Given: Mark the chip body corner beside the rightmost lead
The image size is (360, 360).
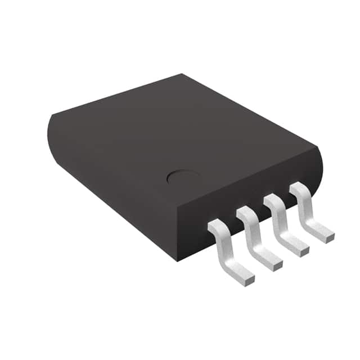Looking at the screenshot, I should tap(319, 148).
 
